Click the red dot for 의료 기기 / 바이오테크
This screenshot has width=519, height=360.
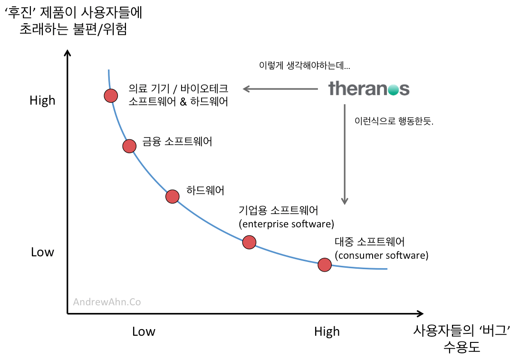click(111, 96)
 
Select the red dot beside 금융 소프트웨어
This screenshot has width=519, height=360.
click(129, 146)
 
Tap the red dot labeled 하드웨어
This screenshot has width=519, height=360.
click(173, 196)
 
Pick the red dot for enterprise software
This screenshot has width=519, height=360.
click(249, 242)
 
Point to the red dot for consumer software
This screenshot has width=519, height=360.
click(325, 264)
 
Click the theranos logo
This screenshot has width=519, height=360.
click(369, 88)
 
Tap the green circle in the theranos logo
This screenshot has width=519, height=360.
click(393, 89)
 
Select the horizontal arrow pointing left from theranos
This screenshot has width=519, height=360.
click(280, 88)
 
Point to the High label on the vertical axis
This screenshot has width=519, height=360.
click(42, 100)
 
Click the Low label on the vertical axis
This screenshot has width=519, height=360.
click(42, 252)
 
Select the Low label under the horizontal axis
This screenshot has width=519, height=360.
click(144, 331)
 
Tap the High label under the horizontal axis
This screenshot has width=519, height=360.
click(327, 331)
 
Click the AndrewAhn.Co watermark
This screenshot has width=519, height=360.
click(107, 302)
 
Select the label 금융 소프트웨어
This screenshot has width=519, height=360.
click(177, 142)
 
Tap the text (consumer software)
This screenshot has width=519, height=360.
click(382, 255)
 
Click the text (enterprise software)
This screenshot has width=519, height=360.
click(287, 224)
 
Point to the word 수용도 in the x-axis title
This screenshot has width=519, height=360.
click(461, 347)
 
